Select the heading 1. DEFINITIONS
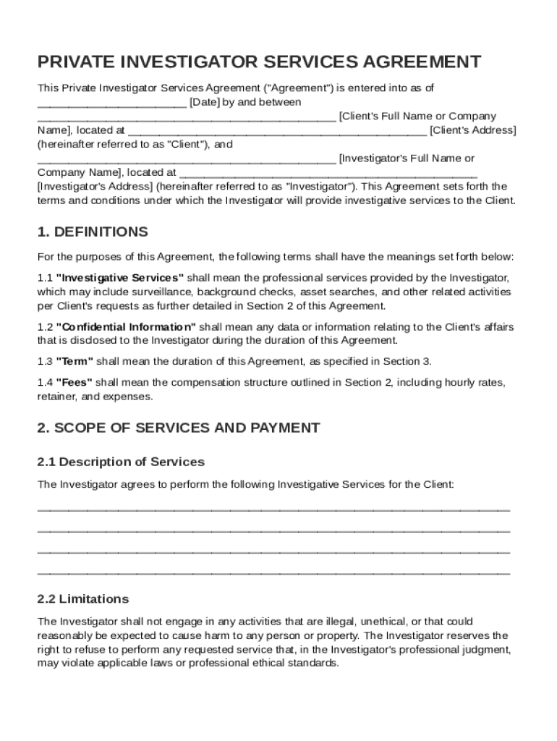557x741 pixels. (x=93, y=232)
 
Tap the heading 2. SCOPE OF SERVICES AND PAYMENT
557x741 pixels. (x=178, y=428)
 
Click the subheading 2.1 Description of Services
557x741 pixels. (x=121, y=462)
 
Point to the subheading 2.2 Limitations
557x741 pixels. (x=83, y=599)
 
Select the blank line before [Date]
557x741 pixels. (x=111, y=103)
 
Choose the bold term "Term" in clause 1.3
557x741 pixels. (x=75, y=362)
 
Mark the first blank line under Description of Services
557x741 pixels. (x=273, y=509)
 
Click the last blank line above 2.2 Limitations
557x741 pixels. (x=273, y=572)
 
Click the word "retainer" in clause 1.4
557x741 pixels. (x=56, y=397)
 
